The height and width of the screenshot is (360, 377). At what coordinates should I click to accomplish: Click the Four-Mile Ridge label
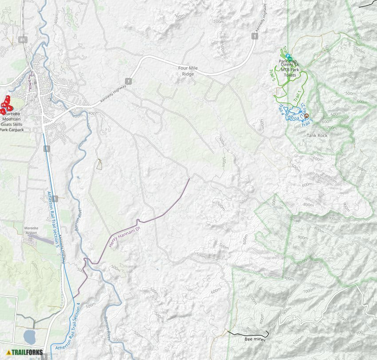click(188, 71)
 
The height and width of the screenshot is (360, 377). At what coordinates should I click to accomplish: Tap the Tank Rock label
click(317, 135)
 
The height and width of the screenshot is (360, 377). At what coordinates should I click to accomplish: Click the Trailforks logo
click(25, 353)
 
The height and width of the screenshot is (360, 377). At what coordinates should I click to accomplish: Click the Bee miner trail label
click(255, 339)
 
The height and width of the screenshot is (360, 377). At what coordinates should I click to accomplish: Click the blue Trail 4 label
click(280, 109)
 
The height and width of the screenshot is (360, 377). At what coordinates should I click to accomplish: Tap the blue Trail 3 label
click(307, 121)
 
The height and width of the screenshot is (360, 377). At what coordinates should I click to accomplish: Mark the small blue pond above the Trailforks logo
click(29, 337)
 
